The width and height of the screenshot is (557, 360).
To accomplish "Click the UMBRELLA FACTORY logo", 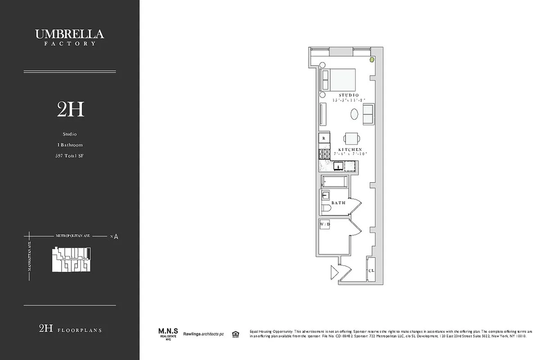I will tap(70, 37).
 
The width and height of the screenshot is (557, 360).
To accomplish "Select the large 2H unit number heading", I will tap(71, 109).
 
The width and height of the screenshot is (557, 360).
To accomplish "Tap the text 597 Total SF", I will tap(70, 156).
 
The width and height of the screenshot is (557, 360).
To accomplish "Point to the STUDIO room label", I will tap(349, 95).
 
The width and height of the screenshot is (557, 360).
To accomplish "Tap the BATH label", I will tap(338, 203).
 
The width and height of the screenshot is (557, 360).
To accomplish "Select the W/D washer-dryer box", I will tap(325, 224).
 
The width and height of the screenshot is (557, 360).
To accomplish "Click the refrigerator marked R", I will tap(324, 139).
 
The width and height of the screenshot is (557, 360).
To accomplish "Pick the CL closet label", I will tap(371, 271).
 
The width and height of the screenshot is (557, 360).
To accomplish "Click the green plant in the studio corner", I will tap(372, 59).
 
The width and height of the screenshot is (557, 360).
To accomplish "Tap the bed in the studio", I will tap(338, 80).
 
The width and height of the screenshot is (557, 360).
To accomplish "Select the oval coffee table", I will tap(355, 114).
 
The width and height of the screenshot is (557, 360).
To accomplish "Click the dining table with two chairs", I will tap(352, 138).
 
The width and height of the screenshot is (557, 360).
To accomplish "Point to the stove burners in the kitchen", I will tap(324, 153).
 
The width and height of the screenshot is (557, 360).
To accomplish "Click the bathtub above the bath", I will tap(334, 182).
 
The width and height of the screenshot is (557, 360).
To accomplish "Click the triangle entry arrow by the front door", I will tap(334, 272).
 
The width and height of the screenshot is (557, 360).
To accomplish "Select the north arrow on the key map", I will tap(116, 236).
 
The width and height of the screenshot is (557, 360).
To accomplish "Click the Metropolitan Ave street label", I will tap(72, 235).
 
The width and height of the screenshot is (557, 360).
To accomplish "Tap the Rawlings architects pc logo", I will tap(203, 334).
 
